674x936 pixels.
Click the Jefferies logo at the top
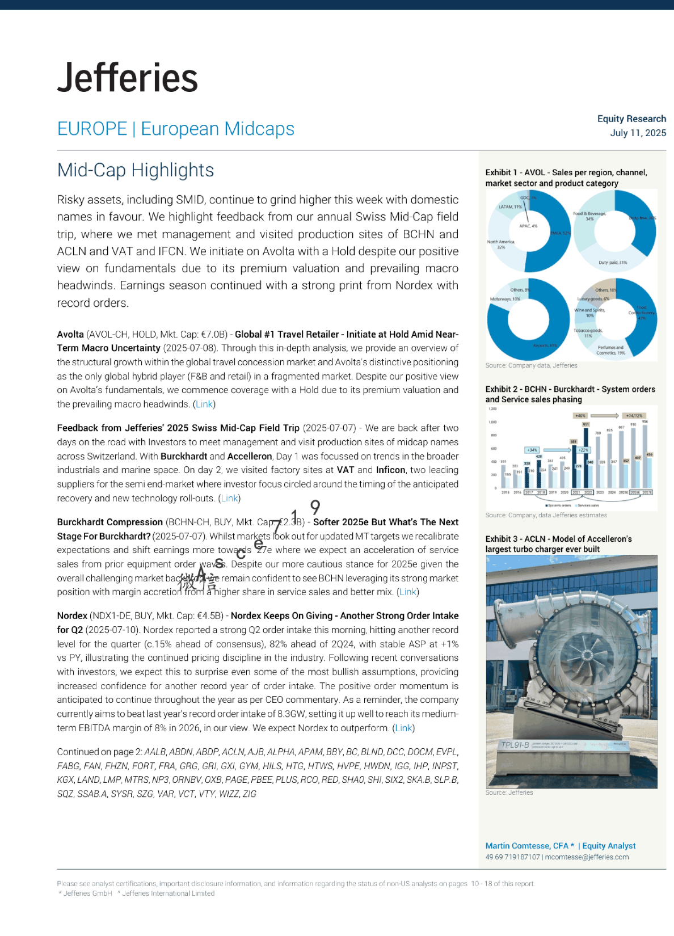click(128, 78)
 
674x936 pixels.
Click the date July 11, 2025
click(638, 133)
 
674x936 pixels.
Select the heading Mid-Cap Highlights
click(136, 170)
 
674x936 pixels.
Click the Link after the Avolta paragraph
click(204, 404)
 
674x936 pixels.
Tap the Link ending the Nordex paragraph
click(403, 728)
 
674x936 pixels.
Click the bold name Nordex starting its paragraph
click(72, 616)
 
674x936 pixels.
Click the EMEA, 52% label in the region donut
click(559, 233)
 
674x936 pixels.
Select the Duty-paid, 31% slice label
click(613, 263)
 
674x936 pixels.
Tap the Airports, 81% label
click(545, 345)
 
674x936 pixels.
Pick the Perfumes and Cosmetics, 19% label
click(610, 350)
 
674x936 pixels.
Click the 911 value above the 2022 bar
click(585, 424)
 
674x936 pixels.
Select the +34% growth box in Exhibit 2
click(532, 450)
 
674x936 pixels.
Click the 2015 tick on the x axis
click(505, 492)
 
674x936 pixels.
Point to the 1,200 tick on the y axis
click(492, 409)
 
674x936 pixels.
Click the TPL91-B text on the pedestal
click(515, 745)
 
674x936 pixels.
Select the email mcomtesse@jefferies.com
click(587, 857)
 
